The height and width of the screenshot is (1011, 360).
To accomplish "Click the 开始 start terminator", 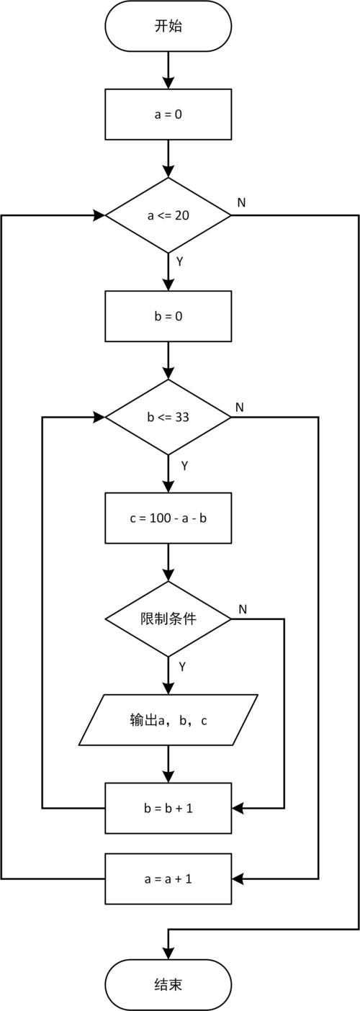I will pyautogui.click(x=168, y=27).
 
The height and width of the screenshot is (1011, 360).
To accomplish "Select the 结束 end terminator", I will pyautogui.click(x=168, y=984).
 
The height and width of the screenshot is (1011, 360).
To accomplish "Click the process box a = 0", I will pyautogui.click(x=168, y=114).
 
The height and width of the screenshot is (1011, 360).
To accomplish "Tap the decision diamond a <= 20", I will pyautogui.click(x=168, y=215).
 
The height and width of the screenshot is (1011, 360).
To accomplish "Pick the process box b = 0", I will pyautogui.click(x=168, y=316).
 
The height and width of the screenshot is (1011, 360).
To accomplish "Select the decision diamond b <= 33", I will pyautogui.click(x=168, y=417).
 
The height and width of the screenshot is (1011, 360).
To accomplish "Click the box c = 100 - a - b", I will pyautogui.click(x=168, y=518).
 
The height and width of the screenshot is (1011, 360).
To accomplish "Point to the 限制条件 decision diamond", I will pyautogui.click(x=168, y=619).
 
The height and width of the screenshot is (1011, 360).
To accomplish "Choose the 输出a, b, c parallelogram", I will pyautogui.click(x=168, y=719).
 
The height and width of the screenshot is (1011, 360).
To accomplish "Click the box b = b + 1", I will pyautogui.click(x=168, y=808).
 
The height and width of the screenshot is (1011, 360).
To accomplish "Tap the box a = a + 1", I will pyautogui.click(x=168, y=879).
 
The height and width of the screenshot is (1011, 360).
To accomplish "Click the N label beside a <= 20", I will pyautogui.click(x=241, y=202).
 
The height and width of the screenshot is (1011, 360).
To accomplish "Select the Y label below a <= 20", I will pyautogui.click(x=180, y=261).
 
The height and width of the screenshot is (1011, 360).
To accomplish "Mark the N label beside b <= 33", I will pyautogui.click(x=240, y=408).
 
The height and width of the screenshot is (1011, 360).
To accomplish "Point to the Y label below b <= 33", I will pyautogui.click(x=184, y=466).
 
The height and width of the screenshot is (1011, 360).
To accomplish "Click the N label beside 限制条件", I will pyautogui.click(x=243, y=609).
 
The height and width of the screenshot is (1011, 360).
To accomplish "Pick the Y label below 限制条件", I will pyautogui.click(x=182, y=667).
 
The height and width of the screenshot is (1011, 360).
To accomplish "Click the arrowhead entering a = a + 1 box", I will pyautogui.click(x=238, y=879).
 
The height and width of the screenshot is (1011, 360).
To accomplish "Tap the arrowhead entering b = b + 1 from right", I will pyautogui.click(x=238, y=808).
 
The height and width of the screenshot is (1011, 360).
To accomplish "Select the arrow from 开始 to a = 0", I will pyautogui.click(x=168, y=70).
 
